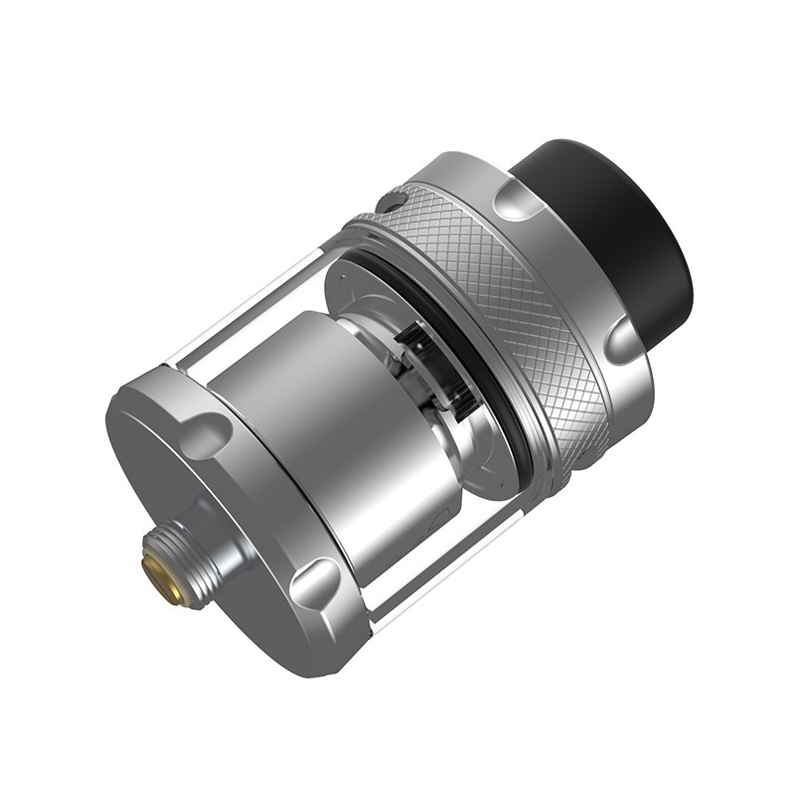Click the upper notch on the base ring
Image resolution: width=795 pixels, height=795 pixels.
[208, 433]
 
